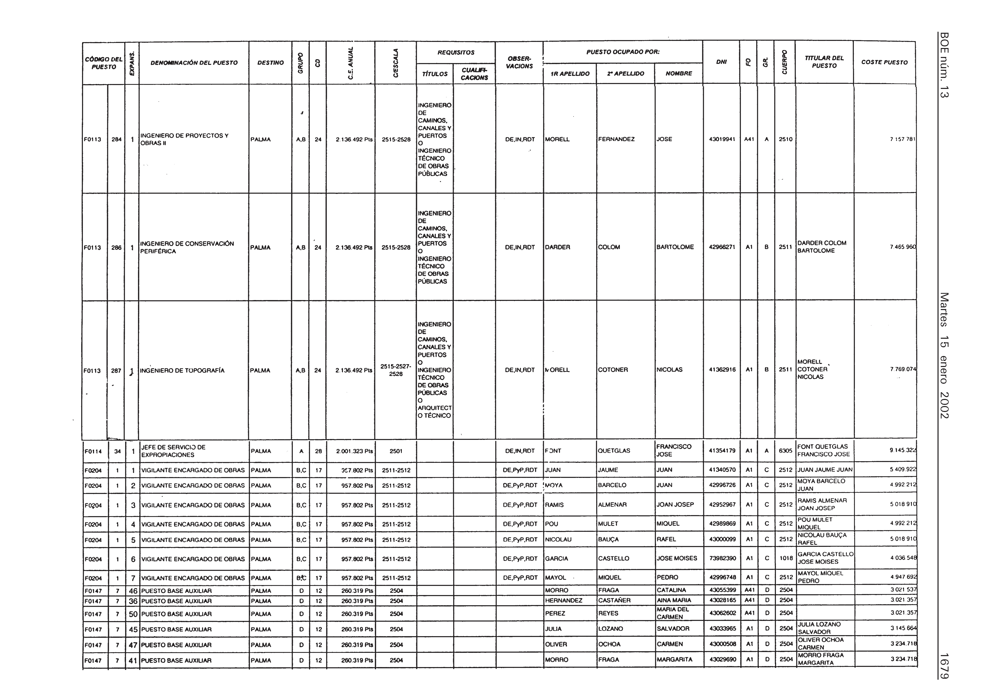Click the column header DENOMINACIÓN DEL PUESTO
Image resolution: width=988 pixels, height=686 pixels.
[194, 63]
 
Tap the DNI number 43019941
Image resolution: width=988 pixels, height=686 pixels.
[722, 139]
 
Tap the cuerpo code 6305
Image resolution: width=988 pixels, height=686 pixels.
[785, 451]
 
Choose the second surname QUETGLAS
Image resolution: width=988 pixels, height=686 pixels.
[614, 451]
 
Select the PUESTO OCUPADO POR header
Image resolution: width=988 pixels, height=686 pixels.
[623, 52]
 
